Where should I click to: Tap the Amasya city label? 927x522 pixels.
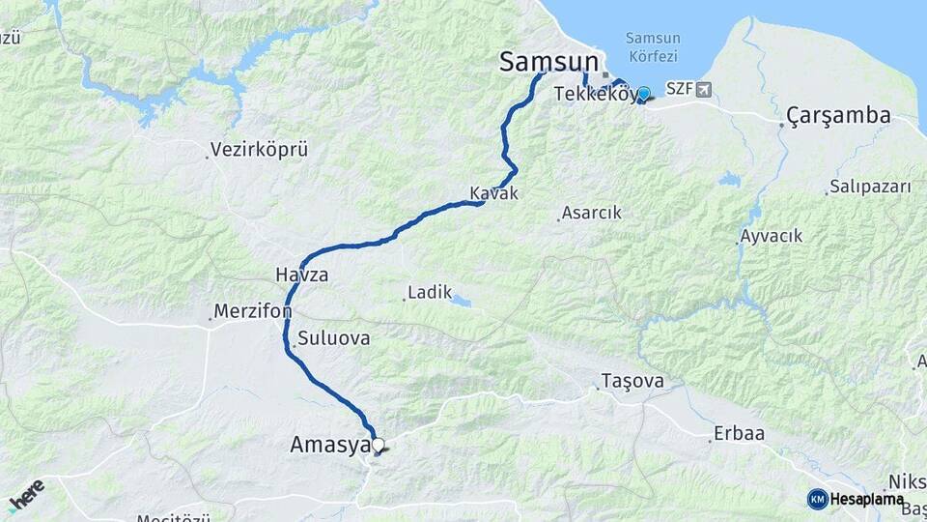click(x=329, y=446)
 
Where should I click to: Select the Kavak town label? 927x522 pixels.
click(x=493, y=193)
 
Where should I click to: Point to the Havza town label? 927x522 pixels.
click(x=301, y=275)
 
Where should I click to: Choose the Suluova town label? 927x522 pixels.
click(x=333, y=339)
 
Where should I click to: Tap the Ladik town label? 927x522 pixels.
click(x=430, y=291)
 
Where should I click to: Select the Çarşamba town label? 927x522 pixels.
click(x=838, y=116)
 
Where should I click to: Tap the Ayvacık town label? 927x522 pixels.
click(x=771, y=236)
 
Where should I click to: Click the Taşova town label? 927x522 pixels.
click(x=632, y=381)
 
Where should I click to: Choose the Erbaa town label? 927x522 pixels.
click(x=739, y=434)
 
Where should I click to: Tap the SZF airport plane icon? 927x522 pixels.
click(x=702, y=89)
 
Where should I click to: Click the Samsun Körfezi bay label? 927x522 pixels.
click(x=652, y=47)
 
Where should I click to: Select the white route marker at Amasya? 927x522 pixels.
click(x=378, y=446)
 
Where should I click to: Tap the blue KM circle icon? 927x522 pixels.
click(x=817, y=499)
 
